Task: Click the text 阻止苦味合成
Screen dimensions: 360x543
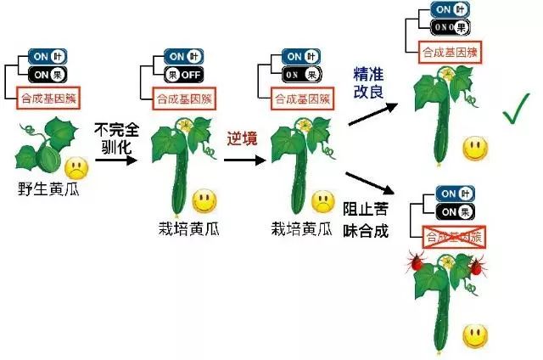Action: click(x=367, y=218)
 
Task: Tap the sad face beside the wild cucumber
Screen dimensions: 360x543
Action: click(x=77, y=163)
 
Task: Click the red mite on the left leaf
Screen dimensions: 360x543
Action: click(x=417, y=265)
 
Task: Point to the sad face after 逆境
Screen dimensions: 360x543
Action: click(x=322, y=202)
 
